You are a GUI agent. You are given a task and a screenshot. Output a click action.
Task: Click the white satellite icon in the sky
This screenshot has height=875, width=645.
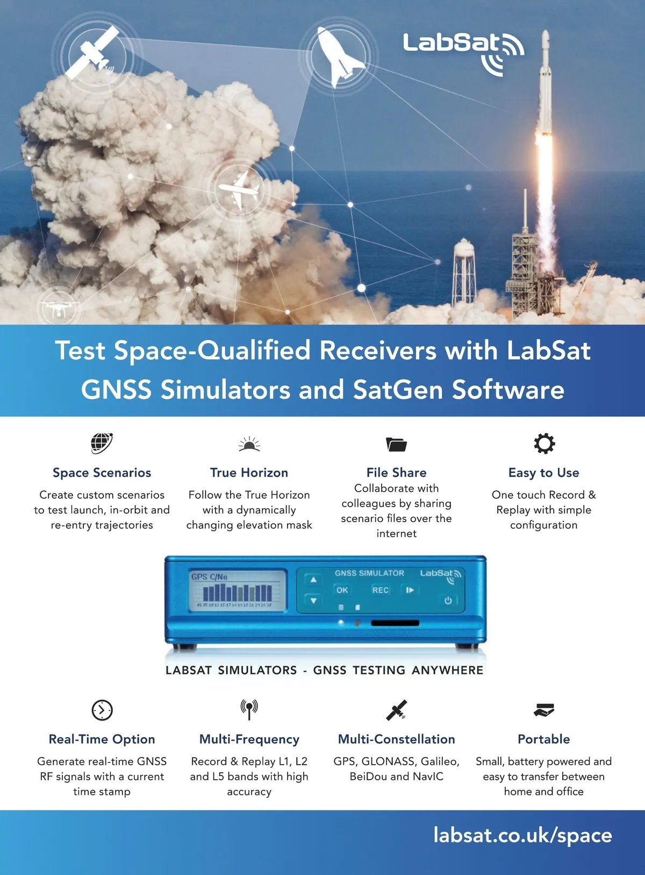click(x=92, y=53)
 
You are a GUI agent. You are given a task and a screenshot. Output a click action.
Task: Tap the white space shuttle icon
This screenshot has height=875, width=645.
click(x=338, y=57)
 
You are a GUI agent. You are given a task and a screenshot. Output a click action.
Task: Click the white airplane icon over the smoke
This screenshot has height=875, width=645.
click(x=239, y=190)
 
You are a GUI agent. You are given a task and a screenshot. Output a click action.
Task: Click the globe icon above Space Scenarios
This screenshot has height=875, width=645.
click(x=102, y=443)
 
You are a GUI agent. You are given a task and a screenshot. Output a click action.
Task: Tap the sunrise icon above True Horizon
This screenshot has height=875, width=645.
click(x=249, y=444)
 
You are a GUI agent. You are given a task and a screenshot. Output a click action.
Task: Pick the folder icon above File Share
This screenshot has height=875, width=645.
click(x=396, y=444)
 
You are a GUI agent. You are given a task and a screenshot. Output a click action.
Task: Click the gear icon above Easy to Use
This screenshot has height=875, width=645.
click(x=544, y=443)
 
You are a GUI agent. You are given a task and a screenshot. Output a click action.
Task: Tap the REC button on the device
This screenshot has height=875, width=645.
click(x=380, y=590)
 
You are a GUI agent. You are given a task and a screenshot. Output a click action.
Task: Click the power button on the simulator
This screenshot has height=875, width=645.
click(x=448, y=601)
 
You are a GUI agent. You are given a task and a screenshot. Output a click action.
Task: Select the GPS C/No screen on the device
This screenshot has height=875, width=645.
click(x=238, y=591)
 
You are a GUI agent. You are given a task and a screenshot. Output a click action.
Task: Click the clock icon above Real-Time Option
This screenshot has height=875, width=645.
click(x=102, y=710)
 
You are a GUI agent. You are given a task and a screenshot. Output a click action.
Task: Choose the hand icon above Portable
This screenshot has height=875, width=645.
click(x=544, y=710)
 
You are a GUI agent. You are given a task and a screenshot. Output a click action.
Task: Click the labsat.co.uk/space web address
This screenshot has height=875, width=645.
click(x=522, y=836)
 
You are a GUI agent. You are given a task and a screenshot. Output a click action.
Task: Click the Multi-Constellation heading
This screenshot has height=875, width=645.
click(x=396, y=739)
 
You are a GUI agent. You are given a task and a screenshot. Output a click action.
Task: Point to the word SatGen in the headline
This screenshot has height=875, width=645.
click(x=398, y=390)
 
